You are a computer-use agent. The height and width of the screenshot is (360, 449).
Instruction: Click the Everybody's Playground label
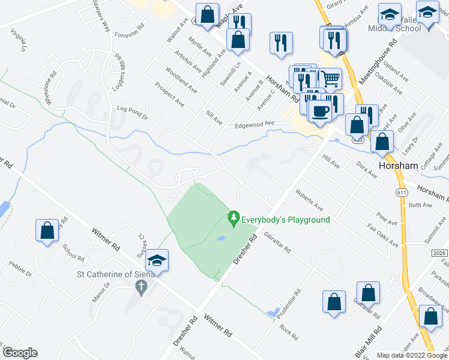pyautogui.click(x=286, y=220)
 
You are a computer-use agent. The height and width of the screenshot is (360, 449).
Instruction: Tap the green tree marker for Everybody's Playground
pyautogui.click(x=234, y=218)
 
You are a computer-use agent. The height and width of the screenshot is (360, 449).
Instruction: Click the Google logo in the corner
pyautogui.click(x=20, y=353)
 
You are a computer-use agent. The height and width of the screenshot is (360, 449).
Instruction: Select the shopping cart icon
pyautogui.click(x=330, y=79)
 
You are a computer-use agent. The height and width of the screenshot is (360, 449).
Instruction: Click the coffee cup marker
pyautogui.click(x=320, y=110)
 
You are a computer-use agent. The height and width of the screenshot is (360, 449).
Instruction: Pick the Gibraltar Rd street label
pyautogui.click(x=277, y=241)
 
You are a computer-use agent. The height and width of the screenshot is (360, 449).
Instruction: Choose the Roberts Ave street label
pyautogui.click(x=309, y=200)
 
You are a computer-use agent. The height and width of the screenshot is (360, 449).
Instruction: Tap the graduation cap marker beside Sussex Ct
pyautogui.click(x=157, y=260)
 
